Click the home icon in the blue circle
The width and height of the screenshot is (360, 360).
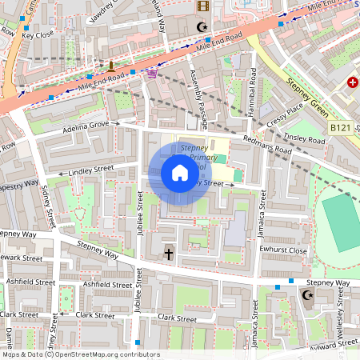179,173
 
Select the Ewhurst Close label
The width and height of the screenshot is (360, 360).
284,250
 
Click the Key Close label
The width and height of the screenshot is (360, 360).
38,35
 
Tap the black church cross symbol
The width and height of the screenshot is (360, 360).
168,254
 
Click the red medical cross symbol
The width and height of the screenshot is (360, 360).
353,82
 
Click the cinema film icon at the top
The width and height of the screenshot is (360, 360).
202,6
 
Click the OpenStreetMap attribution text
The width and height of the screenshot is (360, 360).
80,354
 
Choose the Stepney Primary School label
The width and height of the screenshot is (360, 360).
194,158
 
